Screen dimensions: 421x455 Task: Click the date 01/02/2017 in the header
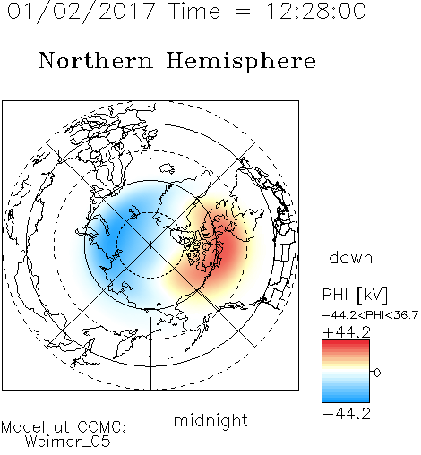[81, 12]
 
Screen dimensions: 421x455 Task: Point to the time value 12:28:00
[316, 12]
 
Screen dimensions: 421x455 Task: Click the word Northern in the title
[96, 61]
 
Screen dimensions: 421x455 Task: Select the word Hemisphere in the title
[241, 61]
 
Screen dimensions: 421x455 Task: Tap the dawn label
[351, 257]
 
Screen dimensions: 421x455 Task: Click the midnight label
[210, 421]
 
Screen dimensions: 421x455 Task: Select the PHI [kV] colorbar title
[355, 295]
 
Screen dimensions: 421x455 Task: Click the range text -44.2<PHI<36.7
[370, 315]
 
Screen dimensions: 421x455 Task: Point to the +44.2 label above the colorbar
[347, 332]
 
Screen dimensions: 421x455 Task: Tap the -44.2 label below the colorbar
[347, 414]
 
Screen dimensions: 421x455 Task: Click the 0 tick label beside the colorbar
[377, 373]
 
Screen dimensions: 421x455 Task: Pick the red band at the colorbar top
[346, 344]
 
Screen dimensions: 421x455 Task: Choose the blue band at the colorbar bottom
[346, 399]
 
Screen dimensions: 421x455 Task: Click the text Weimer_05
[68, 441]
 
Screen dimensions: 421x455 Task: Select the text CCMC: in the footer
[102, 427]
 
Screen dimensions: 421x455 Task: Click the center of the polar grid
[150, 245]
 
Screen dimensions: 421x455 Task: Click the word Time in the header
[194, 11]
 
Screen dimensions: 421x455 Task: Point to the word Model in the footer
[23, 427]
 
